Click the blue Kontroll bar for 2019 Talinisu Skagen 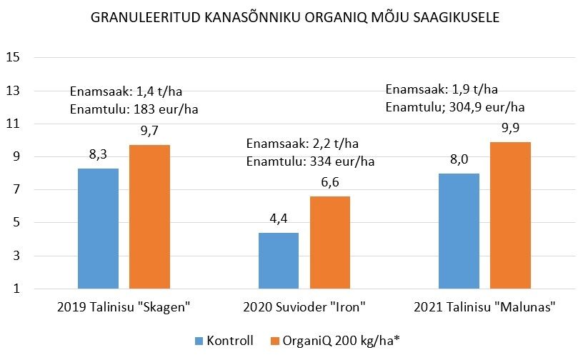click(98, 229)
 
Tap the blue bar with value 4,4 click(279, 261)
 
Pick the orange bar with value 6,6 click(330, 242)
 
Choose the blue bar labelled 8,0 click(459, 231)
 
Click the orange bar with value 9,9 click(511, 215)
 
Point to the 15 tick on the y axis click(12, 58)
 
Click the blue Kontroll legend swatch click(199, 340)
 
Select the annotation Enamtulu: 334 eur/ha click(310, 161)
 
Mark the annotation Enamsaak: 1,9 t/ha click(442, 90)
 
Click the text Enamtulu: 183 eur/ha click(134, 109)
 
